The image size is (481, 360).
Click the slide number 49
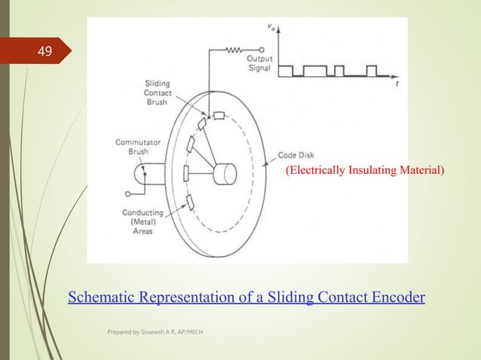(45, 52)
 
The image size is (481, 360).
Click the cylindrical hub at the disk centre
(224, 175)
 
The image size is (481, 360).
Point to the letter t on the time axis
(397, 85)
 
